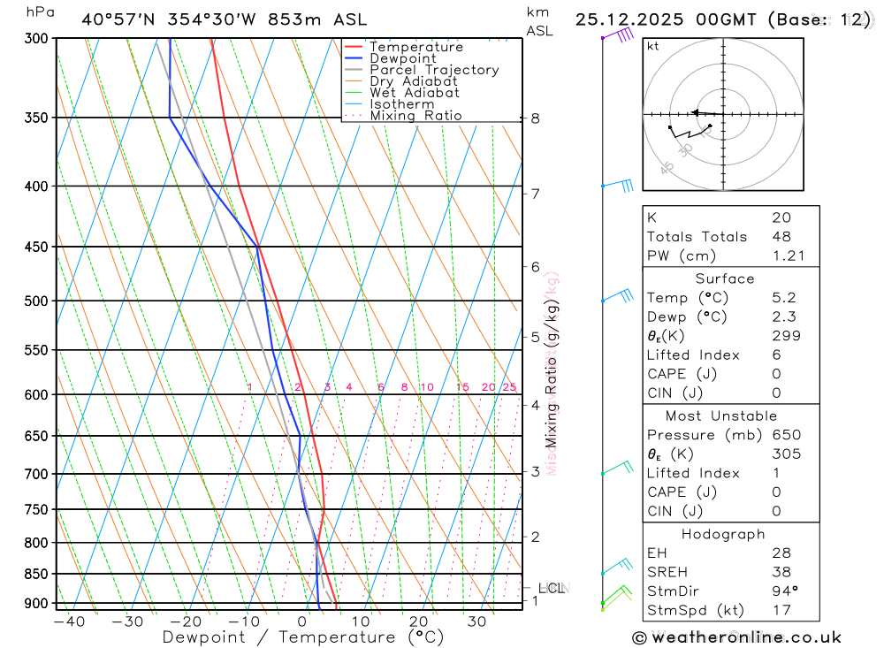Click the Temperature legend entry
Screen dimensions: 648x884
pyautogui.click(x=415, y=47)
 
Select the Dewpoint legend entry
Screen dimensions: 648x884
pyautogui.click(x=402, y=58)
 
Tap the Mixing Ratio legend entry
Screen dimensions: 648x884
pyautogui.click(x=415, y=116)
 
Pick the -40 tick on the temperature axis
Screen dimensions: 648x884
pyautogui.click(x=69, y=621)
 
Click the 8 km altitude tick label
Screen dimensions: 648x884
pyautogui.click(x=536, y=118)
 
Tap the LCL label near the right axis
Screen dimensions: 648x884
pyautogui.click(x=552, y=588)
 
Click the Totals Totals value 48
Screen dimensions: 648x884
pyautogui.click(x=781, y=236)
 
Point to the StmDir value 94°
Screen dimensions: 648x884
pyautogui.click(x=784, y=591)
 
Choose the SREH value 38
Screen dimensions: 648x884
pyautogui.click(x=781, y=572)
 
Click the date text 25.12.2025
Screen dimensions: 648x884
pyautogui.click(x=626, y=19)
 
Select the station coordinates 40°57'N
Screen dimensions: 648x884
pyautogui.click(x=117, y=19)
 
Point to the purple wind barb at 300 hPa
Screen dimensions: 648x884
pyautogui.click(x=619, y=35)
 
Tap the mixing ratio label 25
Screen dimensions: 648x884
pyautogui.click(x=509, y=387)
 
